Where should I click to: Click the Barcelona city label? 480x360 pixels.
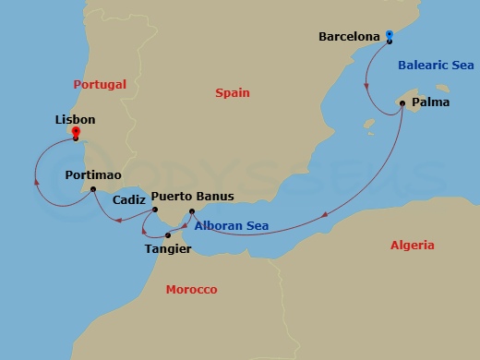[348, 37]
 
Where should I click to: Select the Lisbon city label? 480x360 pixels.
[76, 120]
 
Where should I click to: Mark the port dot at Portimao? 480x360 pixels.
[92, 190]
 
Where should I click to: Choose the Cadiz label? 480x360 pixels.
[127, 199]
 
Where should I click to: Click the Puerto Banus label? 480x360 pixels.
[186, 197]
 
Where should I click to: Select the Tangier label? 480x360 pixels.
[168, 248]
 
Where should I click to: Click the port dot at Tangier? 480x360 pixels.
[167, 234]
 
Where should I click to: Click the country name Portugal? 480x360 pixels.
[99, 84]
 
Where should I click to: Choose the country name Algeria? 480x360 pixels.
[412, 246]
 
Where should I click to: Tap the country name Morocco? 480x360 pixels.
[191, 290]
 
